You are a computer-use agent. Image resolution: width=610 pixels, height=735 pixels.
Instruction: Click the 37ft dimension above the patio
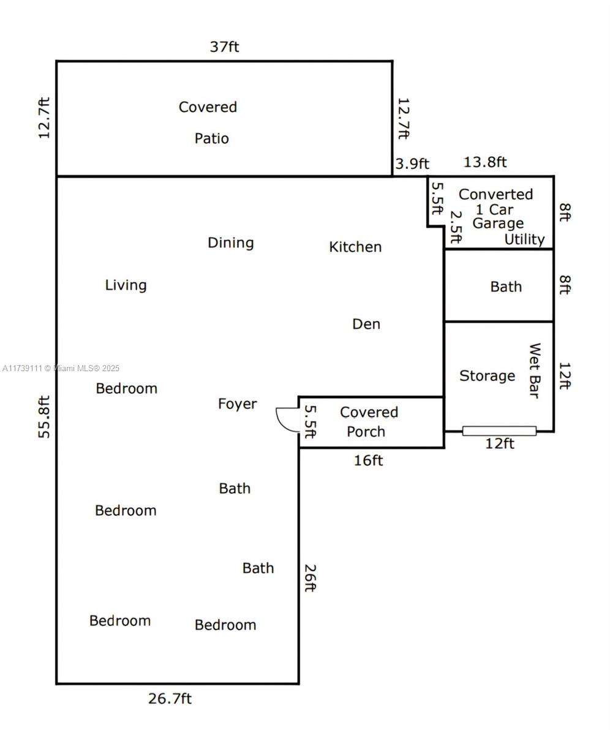[225, 47]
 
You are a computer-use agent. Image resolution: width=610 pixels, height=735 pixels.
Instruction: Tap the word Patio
[211, 138]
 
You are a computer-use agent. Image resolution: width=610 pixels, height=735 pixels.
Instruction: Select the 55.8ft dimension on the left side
[44, 417]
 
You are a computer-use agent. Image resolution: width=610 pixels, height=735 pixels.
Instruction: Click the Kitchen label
[355, 247]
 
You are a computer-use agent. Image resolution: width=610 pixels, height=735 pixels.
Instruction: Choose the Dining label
[230, 243]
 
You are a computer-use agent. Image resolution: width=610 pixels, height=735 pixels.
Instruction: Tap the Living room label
[126, 285]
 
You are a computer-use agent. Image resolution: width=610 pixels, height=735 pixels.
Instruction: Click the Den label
[366, 324]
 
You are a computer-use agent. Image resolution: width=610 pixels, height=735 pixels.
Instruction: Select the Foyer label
[237, 404]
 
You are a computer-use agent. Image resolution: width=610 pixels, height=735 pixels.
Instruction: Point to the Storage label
[487, 376]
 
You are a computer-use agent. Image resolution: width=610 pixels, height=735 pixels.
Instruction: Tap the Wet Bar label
[535, 371]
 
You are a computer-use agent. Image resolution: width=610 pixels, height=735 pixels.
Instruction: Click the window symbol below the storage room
[499, 431]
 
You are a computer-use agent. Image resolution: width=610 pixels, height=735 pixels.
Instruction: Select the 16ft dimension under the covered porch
[368, 461]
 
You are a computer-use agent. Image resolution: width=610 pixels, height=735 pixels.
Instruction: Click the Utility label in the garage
[524, 239]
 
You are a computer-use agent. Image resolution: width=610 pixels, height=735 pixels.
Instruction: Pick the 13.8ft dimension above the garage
[485, 162]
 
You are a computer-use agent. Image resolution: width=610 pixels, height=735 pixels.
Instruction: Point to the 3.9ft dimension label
[412, 164]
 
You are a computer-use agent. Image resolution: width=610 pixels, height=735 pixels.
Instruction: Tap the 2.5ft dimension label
[456, 227]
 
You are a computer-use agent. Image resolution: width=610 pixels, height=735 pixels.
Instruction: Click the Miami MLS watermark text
[61, 368]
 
